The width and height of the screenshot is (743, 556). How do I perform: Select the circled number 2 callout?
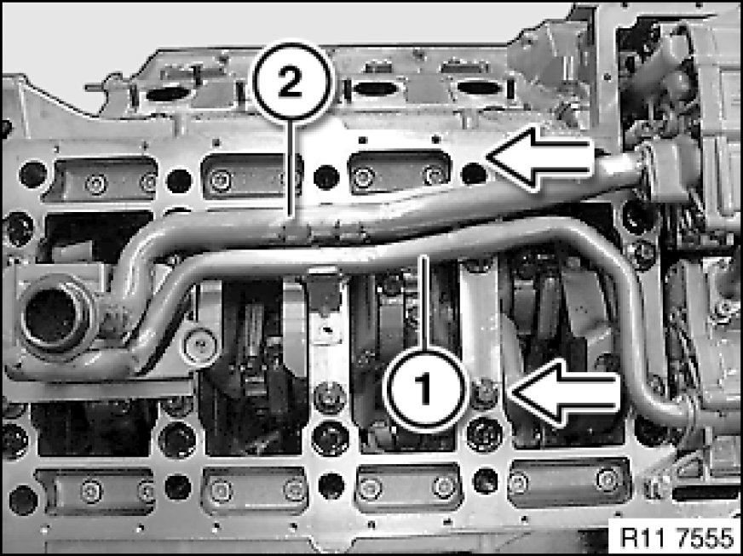tap(293, 82)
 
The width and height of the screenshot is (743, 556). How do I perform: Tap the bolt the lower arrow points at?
tap(483, 394)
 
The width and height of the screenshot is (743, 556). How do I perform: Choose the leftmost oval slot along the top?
tap(168, 94)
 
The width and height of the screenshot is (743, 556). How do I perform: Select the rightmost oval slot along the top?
tap(479, 88)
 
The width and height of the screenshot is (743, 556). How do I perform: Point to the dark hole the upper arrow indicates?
tap(474, 174)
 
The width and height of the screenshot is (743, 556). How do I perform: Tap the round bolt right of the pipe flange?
tap(201, 347)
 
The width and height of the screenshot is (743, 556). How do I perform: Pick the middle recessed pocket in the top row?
tap(252, 175)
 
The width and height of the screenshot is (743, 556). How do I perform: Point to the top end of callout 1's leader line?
tap(424, 256)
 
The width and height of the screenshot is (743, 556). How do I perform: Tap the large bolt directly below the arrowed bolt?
tap(485, 434)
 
